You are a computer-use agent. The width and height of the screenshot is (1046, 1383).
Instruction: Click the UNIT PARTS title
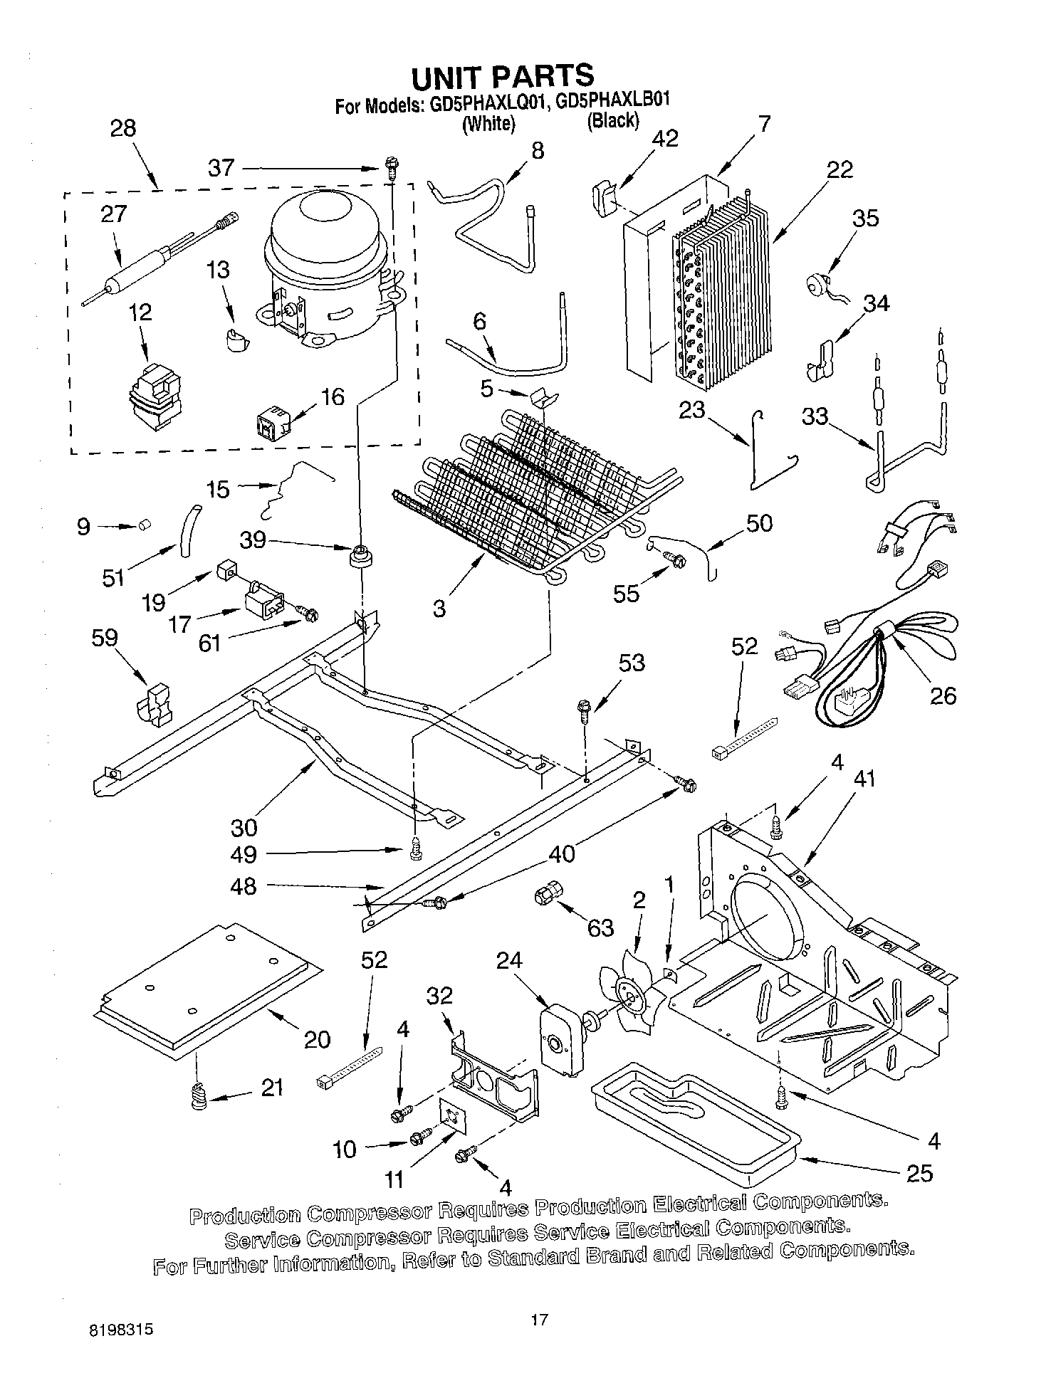point(503,75)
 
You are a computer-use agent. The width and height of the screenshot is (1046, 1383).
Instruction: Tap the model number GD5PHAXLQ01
point(484,104)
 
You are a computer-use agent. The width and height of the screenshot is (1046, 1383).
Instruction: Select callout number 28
point(122,129)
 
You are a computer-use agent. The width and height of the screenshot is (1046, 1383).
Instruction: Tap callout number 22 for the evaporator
point(840,170)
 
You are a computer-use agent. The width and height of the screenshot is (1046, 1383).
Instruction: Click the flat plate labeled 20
point(206,986)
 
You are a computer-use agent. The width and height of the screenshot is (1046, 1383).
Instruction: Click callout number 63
point(600,927)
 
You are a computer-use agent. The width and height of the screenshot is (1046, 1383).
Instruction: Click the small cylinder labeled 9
point(146,525)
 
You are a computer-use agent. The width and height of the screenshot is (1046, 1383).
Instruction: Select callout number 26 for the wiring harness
point(943,695)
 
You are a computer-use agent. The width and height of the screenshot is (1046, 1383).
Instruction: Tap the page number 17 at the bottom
point(539,1320)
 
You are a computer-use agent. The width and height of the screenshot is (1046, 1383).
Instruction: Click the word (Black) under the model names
point(612,121)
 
